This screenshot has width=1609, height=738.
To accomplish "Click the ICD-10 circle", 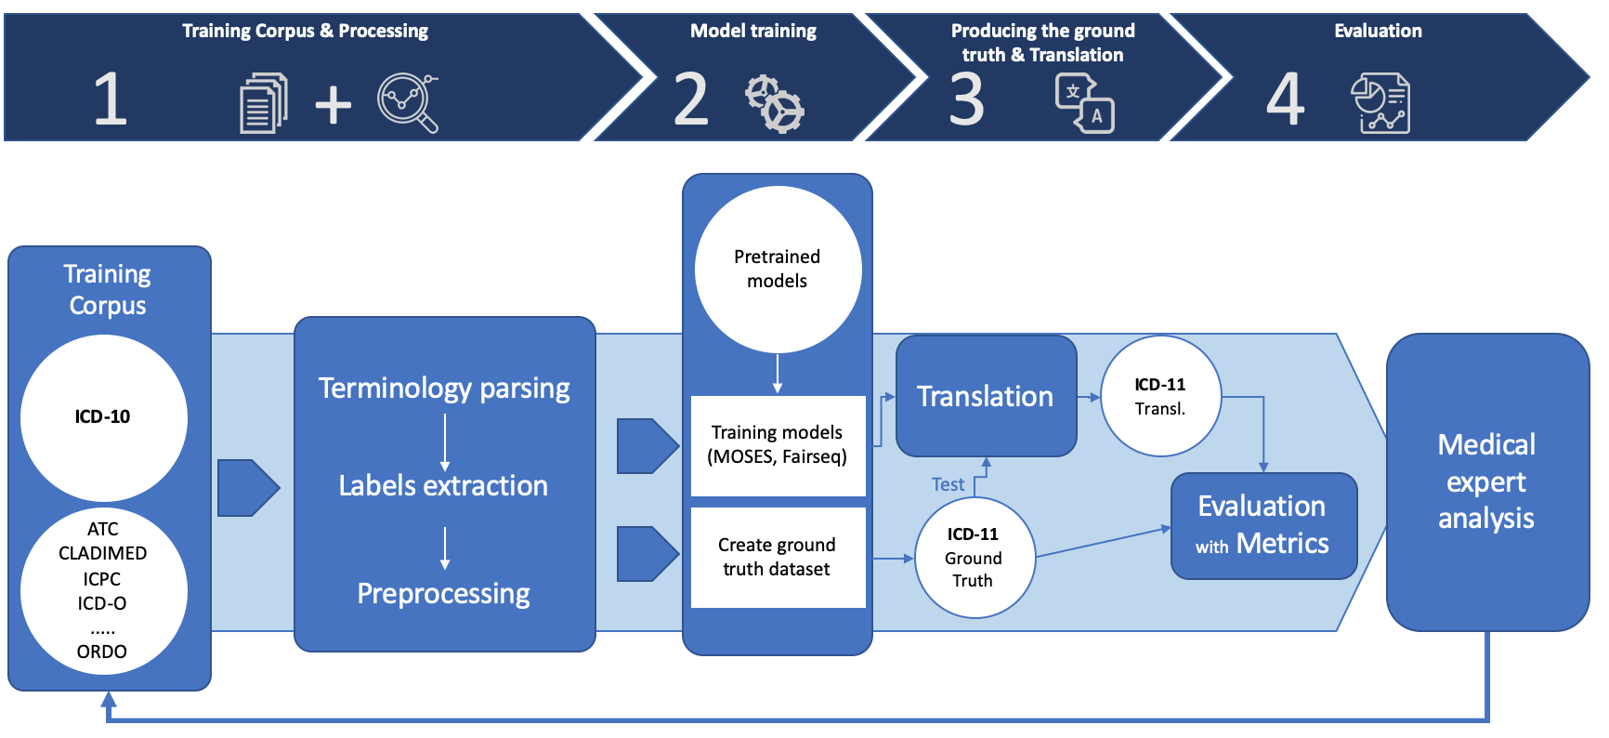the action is pyautogui.click(x=104, y=418).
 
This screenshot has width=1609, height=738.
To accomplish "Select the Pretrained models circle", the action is pyautogui.click(x=778, y=270).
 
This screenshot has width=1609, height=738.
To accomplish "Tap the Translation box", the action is pyautogui.click(x=986, y=396).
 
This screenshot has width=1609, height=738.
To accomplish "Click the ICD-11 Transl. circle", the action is pyautogui.click(x=1160, y=396).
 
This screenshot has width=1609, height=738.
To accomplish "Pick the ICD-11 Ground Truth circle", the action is pyautogui.click(x=974, y=558).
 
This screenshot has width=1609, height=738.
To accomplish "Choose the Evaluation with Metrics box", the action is pyautogui.click(x=1263, y=526).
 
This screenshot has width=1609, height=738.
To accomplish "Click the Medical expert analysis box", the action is pyautogui.click(x=1487, y=482).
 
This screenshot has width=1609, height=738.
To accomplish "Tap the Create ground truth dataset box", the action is pyautogui.click(x=778, y=558).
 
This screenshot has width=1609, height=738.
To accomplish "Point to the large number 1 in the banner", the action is pyautogui.click(x=110, y=99).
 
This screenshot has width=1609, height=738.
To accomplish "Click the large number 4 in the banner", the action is pyautogui.click(x=1285, y=99).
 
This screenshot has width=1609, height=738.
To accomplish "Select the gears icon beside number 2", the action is pyautogui.click(x=775, y=104).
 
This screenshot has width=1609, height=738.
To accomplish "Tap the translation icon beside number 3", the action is pyautogui.click(x=1084, y=104).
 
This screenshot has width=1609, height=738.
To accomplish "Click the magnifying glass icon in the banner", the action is pyautogui.click(x=408, y=103).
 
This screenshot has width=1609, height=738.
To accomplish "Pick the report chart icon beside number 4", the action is pyautogui.click(x=1380, y=103).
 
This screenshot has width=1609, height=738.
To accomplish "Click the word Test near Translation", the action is pyautogui.click(x=948, y=484).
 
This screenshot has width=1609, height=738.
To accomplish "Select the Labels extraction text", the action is pyautogui.click(x=443, y=485).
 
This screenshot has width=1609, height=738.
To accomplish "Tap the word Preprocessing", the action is pyautogui.click(x=443, y=594).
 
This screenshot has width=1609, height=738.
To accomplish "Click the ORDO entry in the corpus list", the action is pyautogui.click(x=102, y=652).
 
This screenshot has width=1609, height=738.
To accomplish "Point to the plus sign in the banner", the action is pyautogui.click(x=333, y=104).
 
